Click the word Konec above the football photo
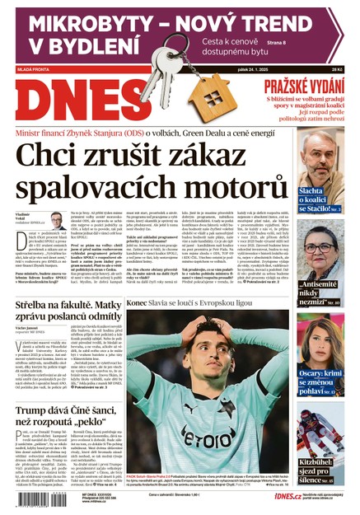click(x=137, y=303)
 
